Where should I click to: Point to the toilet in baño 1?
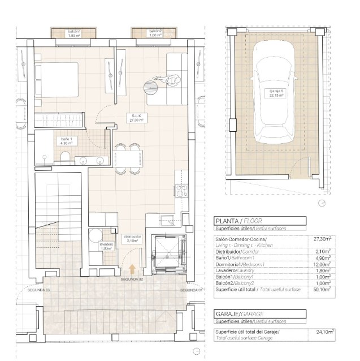point(66,156)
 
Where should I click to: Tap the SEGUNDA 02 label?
point(133,280)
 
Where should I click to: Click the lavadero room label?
point(107,246)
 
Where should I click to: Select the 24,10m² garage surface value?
point(325,332)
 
